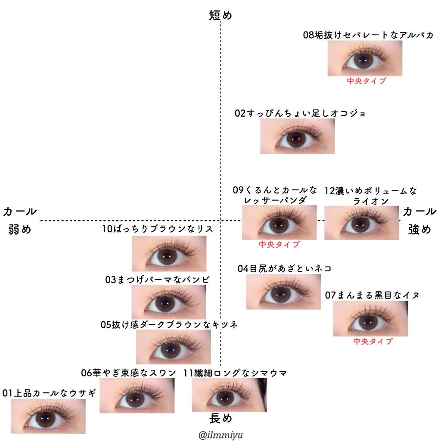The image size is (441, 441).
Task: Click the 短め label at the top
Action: click(220, 16)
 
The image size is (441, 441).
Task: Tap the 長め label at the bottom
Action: click(220, 418)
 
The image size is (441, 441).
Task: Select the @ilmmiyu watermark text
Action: click(220, 435)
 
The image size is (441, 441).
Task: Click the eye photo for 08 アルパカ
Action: click(365, 59)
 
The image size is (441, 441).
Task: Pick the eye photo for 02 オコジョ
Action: click(297, 136)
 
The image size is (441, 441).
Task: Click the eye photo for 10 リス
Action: click(169, 254)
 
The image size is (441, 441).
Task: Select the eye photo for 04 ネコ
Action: click(283, 292)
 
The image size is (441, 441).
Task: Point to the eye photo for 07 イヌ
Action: click(370, 319)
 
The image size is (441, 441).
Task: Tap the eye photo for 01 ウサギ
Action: click(48, 416)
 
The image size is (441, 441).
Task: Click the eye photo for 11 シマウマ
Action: click(229, 395)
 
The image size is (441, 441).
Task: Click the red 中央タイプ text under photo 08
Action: click(366, 81)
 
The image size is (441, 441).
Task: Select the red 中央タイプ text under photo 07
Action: click(373, 342)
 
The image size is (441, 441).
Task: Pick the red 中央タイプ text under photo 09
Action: click(279, 245)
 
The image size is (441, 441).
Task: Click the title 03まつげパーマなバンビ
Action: click(158, 280)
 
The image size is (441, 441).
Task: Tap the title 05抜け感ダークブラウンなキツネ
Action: click(169, 325)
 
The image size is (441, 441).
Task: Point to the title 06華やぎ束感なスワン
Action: click(129, 373)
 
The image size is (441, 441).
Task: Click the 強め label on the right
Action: click(419, 230)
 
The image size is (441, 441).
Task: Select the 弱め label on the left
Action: click(20, 230)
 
